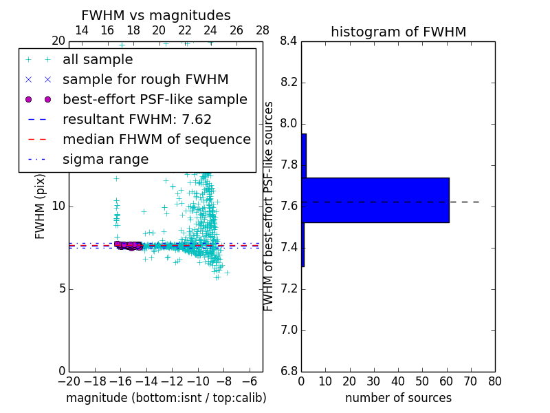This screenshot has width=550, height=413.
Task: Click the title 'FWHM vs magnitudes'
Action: click(x=155, y=16)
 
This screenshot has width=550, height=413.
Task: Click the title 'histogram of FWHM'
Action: click(x=398, y=32)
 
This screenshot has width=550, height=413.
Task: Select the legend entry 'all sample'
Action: click(x=98, y=60)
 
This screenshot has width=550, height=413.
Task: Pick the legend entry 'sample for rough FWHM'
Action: click(x=145, y=79)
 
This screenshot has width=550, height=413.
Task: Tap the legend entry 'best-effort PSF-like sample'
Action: click(x=155, y=99)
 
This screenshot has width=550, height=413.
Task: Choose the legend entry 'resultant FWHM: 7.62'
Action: click(x=137, y=119)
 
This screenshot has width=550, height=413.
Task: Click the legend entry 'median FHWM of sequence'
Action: click(x=156, y=139)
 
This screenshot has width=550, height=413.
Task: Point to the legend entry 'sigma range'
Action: click(x=105, y=160)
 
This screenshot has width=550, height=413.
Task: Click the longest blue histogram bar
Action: click(x=375, y=200)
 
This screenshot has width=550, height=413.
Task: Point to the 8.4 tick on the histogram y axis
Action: click(x=289, y=41)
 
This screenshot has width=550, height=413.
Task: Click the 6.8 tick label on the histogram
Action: click(x=289, y=372)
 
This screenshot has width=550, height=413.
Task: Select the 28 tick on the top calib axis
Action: click(x=263, y=30)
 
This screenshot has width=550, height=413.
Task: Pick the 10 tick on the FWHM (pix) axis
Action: click(x=58, y=206)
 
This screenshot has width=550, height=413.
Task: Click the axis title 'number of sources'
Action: click(x=398, y=398)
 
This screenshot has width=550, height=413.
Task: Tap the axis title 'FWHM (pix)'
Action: click(x=41, y=206)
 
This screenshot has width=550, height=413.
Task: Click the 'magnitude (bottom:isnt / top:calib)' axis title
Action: click(x=166, y=398)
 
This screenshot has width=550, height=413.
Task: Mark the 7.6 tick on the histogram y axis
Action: click(x=289, y=206)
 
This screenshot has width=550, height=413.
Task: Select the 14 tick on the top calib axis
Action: click(x=81, y=30)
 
